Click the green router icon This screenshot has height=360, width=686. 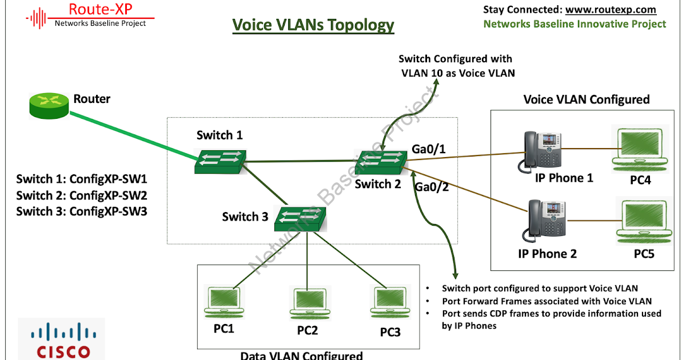[49, 107]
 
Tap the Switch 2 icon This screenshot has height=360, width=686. [381, 162]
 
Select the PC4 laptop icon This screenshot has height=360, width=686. [637, 149]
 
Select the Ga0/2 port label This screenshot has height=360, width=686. [431, 187]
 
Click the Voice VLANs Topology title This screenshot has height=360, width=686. [313, 25]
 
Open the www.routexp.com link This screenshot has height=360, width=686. [611, 10]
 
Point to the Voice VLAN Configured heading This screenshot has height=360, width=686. [587, 99]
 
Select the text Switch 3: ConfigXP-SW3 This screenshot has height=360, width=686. [82, 211]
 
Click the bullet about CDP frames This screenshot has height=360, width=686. [551, 319]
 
